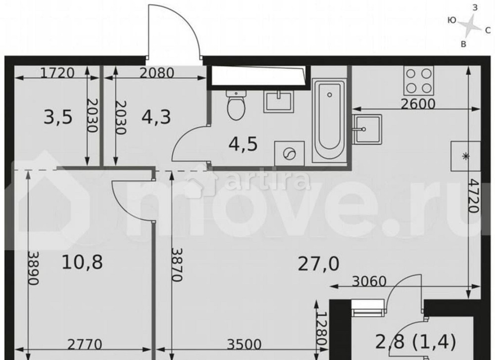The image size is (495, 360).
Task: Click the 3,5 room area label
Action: point(58,118)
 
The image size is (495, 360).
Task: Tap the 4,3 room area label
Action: point(155,118)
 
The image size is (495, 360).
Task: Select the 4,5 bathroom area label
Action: point(243,146)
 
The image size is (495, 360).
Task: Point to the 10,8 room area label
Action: point(82,262)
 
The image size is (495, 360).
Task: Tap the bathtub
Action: point(330,119)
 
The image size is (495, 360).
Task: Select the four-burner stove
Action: point(419,80)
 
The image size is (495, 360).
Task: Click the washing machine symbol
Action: point(288,154)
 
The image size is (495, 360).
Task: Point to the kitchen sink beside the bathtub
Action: point(367,129)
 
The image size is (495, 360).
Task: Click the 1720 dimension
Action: point(56,74)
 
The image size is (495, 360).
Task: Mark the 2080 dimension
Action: point(156,74)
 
